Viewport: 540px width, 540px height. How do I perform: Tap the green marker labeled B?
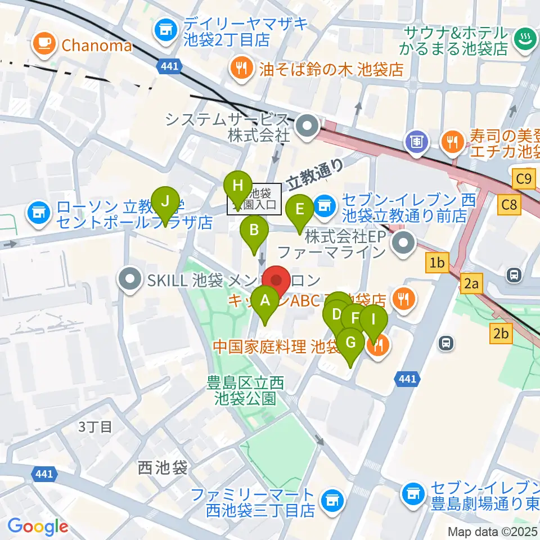click(x=254, y=230)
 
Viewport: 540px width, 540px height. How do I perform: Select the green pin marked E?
click(x=300, y=210)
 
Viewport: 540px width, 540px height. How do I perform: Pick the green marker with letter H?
click(x=238, y=186)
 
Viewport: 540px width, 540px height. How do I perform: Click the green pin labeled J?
click(x=165, y=201)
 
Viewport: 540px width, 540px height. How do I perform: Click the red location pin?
click(x=277, y=280)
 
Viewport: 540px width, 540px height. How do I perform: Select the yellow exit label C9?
click(x=523, y=179)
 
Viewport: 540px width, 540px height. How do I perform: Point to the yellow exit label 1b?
click(x=438, y=262)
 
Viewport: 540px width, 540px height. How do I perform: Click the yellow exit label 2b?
click(x=501, y=334)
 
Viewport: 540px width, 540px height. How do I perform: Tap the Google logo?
click(x=38, y=526)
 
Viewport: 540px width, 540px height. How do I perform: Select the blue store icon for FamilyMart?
click(x=330, y=499)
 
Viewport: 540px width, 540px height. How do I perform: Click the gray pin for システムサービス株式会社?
click(x=308, y=127)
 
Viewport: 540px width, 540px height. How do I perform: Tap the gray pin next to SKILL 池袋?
click(x=130, y=279)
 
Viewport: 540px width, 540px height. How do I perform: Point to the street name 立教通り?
click(x=315, y=174)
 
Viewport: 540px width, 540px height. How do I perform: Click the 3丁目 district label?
click(x=95, y=426)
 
